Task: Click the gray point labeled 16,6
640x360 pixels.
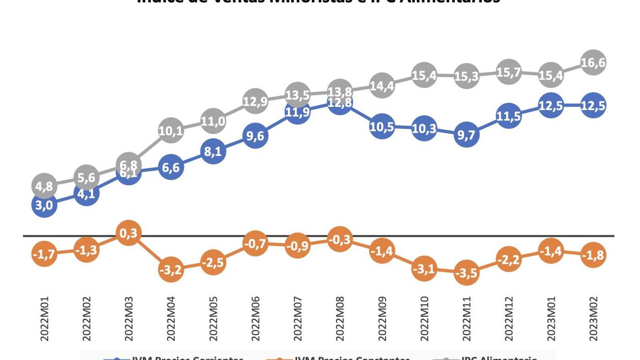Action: (x=593, y=62)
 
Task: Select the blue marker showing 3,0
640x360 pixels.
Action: (x=44, y=205)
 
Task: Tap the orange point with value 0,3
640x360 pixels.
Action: (x=128, y=233)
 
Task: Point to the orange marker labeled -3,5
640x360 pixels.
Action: (x=466, y=273)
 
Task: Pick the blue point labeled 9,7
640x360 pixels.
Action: (x=466, y=135)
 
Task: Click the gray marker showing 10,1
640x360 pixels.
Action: (x=171, y=130)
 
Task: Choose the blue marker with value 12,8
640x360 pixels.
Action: (x=340, y=103)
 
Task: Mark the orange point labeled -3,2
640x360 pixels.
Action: (x=171, y=270)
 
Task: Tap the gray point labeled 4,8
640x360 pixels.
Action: (x=44, y=186)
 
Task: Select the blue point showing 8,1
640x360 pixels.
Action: (x=213, y=152)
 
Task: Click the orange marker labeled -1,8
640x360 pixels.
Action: (x=593, y=255)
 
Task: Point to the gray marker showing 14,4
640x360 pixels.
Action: (x=382, y=86)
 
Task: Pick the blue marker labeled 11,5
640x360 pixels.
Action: (x=509, y=116)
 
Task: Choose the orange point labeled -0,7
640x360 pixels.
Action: (x=255, y=243)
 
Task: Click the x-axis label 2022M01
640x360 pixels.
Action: (x=44, y=318)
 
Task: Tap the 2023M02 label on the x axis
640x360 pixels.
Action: (x=593, y=318)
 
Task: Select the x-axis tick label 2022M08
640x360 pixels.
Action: (x=340, y=318)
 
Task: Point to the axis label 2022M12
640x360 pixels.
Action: (x=509, y=318)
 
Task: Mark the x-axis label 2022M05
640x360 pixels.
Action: (x=213, y=318)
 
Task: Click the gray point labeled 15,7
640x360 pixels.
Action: (x=509, y=72)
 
